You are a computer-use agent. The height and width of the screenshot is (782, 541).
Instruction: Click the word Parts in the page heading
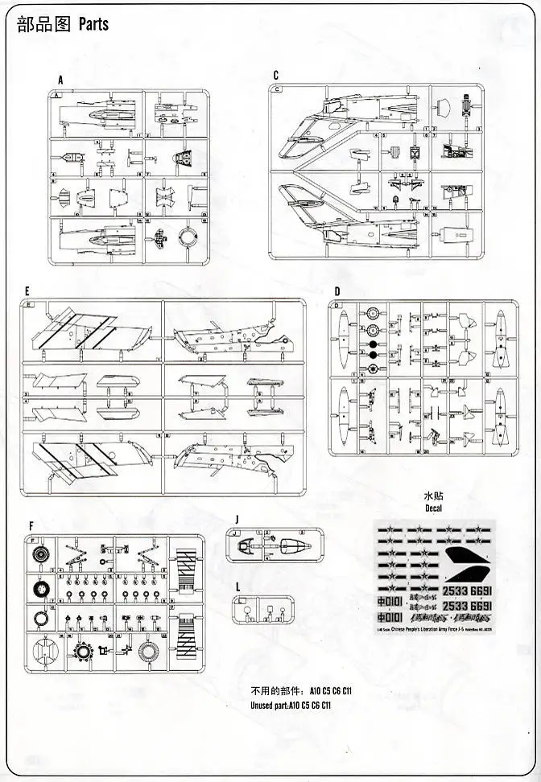(93, 25)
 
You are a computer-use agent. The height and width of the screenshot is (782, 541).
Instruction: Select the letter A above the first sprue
(60, 80)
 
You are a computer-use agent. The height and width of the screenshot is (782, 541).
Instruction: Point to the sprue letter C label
(275, 76)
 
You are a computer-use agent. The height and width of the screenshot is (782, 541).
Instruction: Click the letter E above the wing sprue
(27, 290)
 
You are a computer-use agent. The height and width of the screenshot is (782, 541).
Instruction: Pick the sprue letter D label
(337, 290)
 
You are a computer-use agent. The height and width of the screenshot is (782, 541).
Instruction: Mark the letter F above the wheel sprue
(31, 526)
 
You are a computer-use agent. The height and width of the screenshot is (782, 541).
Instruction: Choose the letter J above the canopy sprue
(238, 519)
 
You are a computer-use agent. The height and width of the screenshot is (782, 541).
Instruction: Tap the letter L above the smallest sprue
(238, 587)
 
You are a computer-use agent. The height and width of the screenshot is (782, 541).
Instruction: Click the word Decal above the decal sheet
(435, 509)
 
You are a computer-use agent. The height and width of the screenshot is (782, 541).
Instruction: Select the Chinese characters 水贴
(435, 497)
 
